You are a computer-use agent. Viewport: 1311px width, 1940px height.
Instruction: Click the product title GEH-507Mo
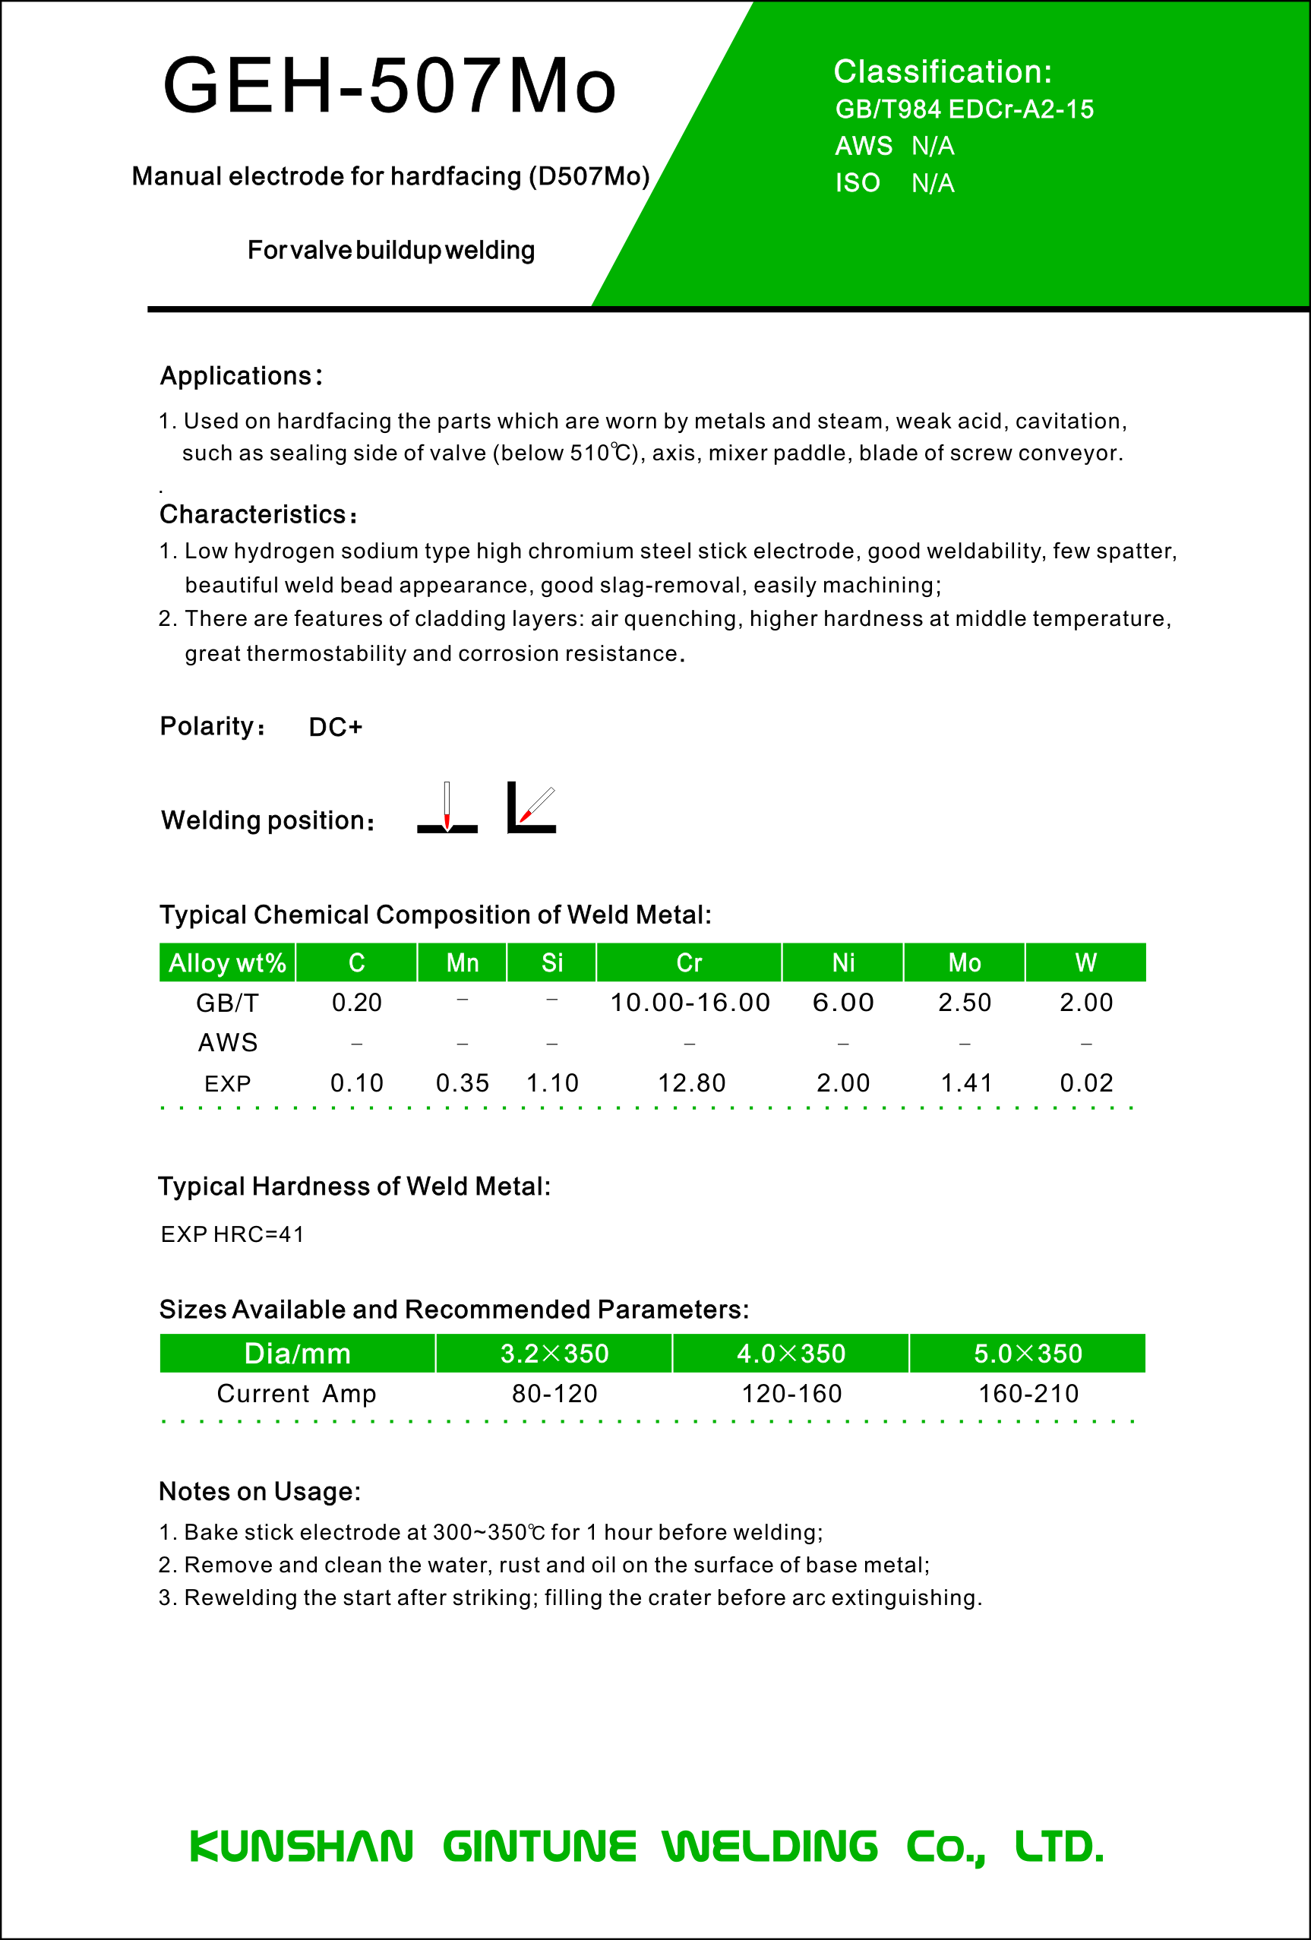(389, 85)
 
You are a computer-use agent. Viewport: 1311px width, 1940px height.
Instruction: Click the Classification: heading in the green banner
(942, 72)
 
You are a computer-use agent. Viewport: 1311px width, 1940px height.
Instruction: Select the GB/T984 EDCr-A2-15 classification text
(964, 109)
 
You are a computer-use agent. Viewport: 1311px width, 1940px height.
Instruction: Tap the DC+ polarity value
(336, 727)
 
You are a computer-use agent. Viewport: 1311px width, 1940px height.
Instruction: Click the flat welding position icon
(447, 808)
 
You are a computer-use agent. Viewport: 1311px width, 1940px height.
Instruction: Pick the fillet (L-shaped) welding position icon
(532, 808)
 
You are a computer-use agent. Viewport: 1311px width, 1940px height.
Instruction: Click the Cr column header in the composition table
(688, 962)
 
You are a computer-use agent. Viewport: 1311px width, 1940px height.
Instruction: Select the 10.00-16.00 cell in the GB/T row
(689, 1003)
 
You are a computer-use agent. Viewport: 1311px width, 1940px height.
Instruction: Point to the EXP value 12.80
(691, 1082)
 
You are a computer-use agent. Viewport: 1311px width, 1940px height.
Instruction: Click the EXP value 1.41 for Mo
(966, 1082)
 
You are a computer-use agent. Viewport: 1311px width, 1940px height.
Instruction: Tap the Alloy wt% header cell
(227, 962)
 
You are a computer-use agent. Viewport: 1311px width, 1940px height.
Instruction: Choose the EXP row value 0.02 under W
(1085, 1082)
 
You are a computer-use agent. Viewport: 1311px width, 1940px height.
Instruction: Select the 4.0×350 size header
(790, 1353)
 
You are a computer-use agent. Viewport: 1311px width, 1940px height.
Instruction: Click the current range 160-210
(1028, 1393)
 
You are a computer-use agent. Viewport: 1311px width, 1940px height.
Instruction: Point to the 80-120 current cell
(554, 1393)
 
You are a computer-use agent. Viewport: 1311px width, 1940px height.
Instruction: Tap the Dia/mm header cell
(297, 1353)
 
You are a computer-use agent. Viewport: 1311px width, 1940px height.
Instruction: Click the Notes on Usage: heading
(260, 1491)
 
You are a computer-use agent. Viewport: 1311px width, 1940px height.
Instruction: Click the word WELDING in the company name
(769, 1846)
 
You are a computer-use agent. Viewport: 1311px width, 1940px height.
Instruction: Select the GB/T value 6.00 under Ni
(843, 1003)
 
